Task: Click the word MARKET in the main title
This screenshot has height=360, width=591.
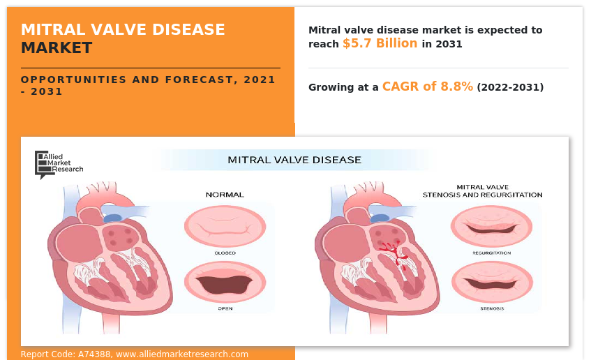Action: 57,48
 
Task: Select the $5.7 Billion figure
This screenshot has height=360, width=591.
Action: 380,43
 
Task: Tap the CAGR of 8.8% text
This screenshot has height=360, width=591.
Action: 428,87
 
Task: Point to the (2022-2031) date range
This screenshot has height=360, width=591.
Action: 510,87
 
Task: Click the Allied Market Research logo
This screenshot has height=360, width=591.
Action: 59,165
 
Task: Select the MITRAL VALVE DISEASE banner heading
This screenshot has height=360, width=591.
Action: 294,160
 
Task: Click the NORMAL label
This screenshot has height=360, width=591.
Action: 225,195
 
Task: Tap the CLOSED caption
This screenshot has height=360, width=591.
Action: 225,253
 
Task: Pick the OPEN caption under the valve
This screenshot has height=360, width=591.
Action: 225,308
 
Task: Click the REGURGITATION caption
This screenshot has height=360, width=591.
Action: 491,253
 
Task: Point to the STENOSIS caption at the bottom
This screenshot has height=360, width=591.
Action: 492,308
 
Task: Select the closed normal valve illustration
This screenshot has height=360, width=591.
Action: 225,227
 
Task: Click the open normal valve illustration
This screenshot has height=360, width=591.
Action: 225,282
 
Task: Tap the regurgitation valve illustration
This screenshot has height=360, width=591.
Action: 491,227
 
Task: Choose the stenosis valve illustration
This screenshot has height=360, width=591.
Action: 492,282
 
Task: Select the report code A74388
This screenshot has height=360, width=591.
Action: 94,354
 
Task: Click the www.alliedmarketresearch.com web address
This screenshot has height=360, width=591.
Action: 182,354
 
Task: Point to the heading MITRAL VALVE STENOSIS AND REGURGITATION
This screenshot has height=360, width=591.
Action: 482,191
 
